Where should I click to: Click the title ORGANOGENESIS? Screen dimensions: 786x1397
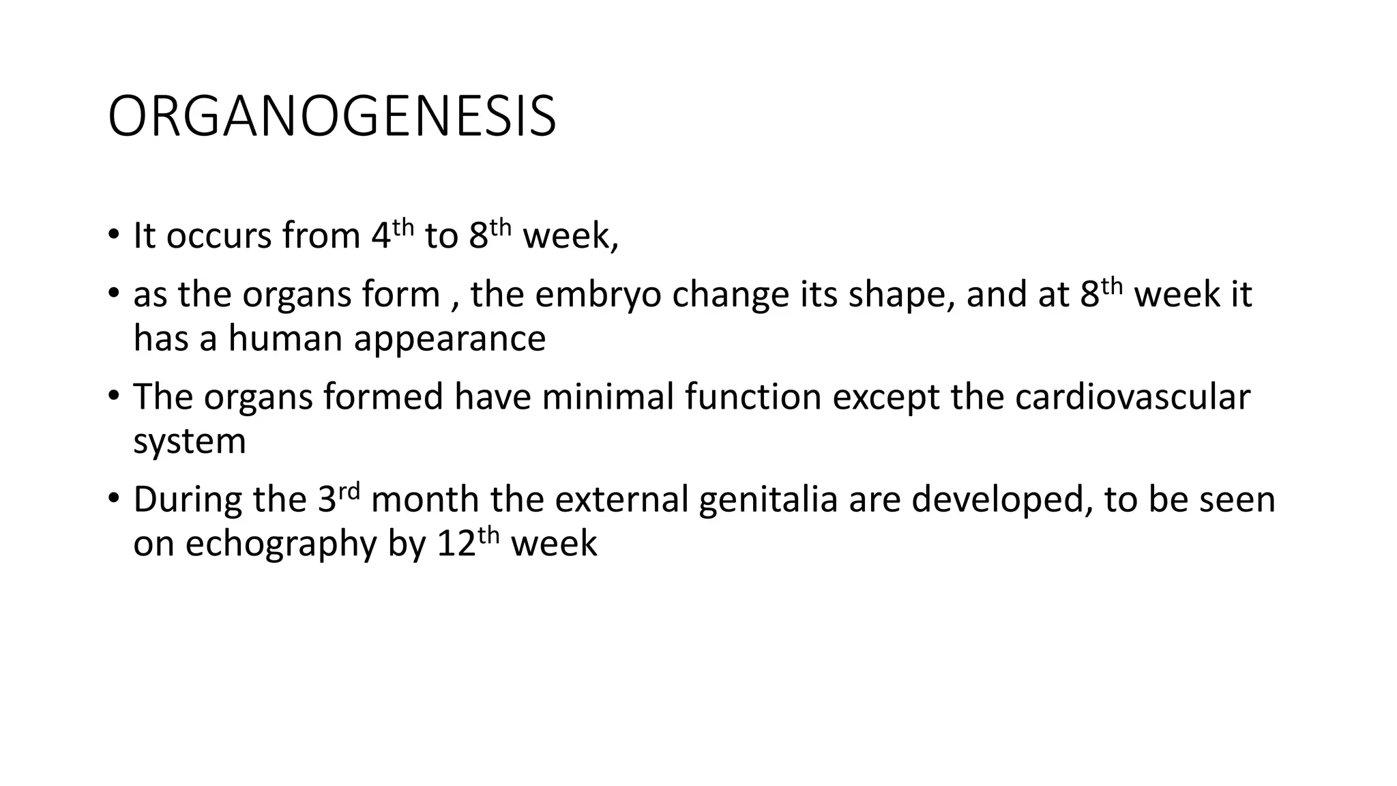point(332,117)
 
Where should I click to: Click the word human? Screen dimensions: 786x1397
point(285,338)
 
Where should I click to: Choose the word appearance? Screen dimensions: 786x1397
point(450,338)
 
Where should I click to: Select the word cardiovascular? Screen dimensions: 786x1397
point(1132,397)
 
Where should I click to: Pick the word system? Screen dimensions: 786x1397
point(190,441)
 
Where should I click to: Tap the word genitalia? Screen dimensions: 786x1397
point(768,499)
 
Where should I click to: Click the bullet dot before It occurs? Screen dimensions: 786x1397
point(113,235)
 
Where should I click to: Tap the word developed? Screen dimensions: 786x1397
point(997,499)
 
